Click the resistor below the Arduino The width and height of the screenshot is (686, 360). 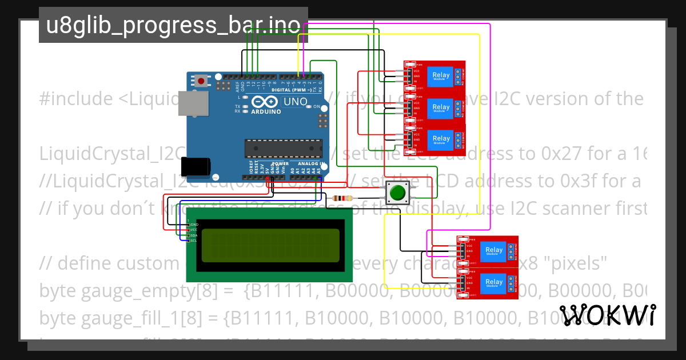tap(342, 198)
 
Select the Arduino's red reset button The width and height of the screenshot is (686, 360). tap(201, 81)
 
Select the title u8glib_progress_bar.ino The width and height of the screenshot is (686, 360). tap(173, 25)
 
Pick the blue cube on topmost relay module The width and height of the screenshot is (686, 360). tap(441, 75)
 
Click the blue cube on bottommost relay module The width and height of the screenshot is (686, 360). tap(493, 282)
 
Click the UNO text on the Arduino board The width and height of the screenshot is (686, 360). tap(296, 102)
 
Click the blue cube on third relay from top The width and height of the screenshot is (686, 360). tap(441, 139)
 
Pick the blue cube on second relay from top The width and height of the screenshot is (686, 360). tap(441, 107)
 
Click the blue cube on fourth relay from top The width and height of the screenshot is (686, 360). tap(493, 250)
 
